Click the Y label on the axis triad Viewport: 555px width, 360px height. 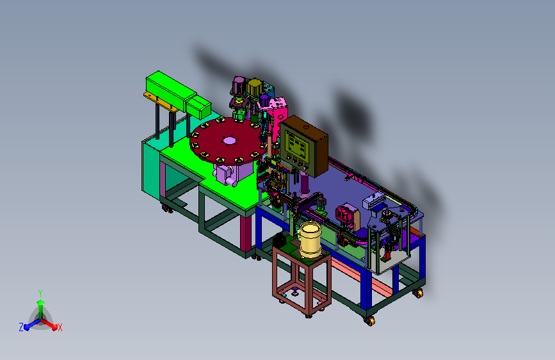coord(40,293)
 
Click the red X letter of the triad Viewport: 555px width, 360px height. coord(60,327)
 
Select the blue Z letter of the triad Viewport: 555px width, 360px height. coord(21,327)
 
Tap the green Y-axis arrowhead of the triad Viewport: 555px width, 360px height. coord(41,302)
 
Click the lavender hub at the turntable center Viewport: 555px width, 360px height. coord(229,141)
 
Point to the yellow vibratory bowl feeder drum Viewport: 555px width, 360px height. coord(310,239)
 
